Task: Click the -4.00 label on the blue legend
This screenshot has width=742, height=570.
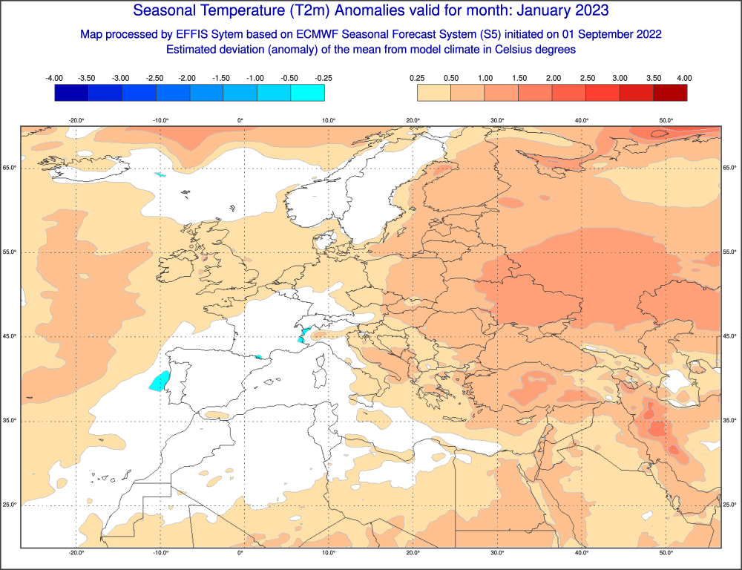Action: coord(53,78)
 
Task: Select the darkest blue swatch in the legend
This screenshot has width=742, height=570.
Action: coord(71,92)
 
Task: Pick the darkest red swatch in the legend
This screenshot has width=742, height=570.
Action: coord(670,92)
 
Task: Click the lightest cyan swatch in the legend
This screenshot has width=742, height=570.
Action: coord(307,92)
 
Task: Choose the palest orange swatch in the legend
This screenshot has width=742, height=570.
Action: coord(434,92)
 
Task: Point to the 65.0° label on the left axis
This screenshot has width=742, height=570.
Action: coord(10,168)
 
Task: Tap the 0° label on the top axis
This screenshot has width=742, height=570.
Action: coord(240,120)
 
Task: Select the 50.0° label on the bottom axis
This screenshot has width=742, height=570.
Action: coord(666,553)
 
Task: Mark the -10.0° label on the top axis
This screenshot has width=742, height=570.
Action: coord(160,120)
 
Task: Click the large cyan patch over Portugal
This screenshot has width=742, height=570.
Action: coord(158,381)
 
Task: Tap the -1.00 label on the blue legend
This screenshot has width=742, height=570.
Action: coord(256,78)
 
